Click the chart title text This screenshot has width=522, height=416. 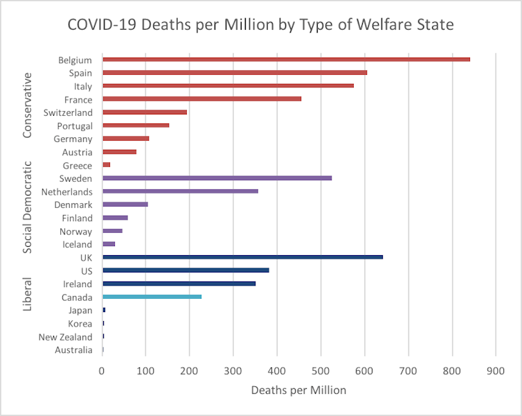click(x=260, y=26)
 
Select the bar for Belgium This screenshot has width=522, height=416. click(x=286, y=60)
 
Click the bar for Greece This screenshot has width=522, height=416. click(x=106, y=165)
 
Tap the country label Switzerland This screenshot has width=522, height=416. click(x=67, y=113)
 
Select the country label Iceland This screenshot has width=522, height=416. click(x=78, y=245)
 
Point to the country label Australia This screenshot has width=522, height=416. click(x=73, y=350)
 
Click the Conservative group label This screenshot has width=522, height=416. click(x=28, y=107)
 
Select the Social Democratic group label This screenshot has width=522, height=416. click(x=28, y=208)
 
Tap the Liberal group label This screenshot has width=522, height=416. click(x=28, y=294)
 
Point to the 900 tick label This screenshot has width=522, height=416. click(x=495, y=372)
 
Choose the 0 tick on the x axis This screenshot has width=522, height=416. click(x=102, y=372)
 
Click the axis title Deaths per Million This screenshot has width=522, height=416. click(x=298, y=390)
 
